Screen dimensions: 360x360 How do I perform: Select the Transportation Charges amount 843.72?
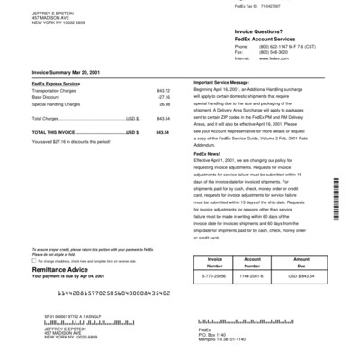pyautogui.click(x=163, y=91)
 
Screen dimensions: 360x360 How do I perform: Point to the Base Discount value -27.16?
pyautogui.click(x=164, y=97)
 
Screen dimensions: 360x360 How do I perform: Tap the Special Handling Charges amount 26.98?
pyautogui.click(x=165, y=104)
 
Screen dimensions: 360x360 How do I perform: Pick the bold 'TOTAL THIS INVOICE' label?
pyautogui.click(x=58, y=131)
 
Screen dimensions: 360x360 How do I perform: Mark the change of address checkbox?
pyautogui.click(x=34, y=259)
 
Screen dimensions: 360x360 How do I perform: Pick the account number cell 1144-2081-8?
pyautogui.click(x=259, y=275)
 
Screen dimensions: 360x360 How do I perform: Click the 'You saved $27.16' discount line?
pyautogui.click(x=74, y=140)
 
